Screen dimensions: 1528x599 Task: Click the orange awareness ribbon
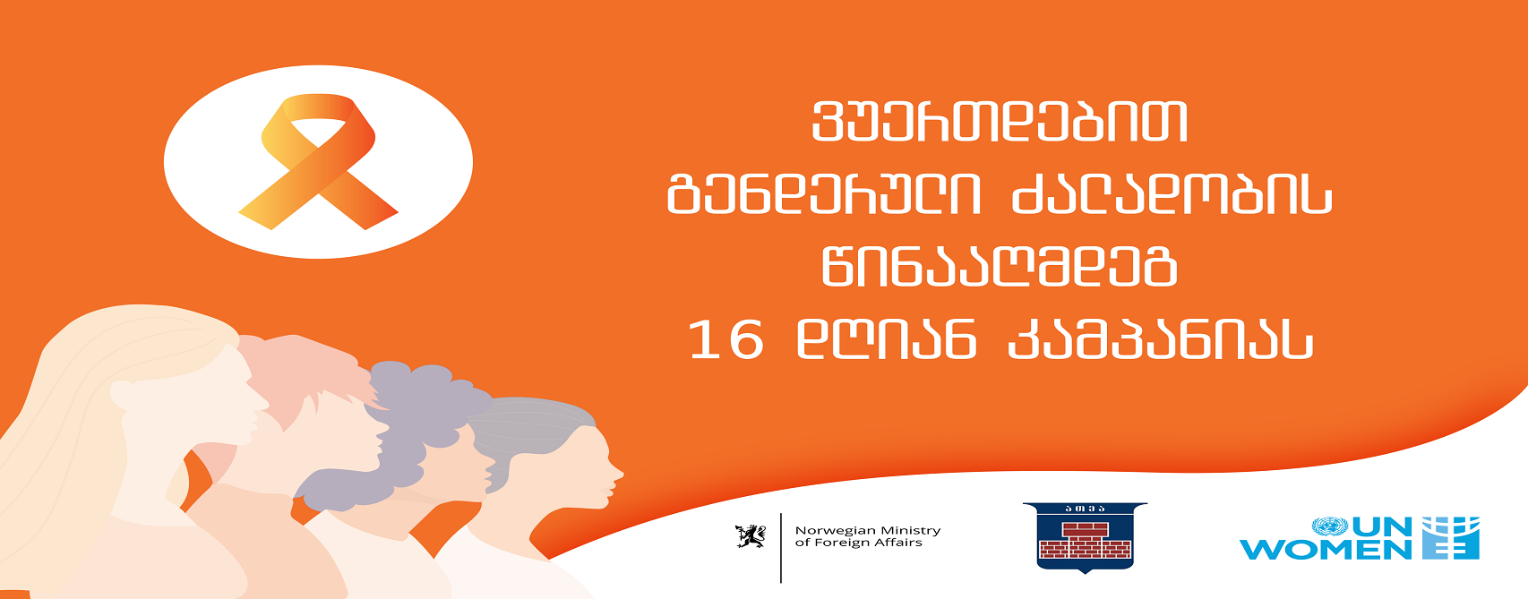tap(318, 161)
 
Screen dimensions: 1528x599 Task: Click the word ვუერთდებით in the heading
tap(1000, 123)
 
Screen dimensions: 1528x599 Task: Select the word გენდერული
tap(824, 194)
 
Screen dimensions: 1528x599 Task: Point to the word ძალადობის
tap(1172, 194)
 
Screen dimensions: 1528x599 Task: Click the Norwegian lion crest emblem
tap(751, 536)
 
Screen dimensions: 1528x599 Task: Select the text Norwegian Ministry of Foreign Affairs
tap(868, 536)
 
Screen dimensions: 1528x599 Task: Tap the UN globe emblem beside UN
tap(1329, 526)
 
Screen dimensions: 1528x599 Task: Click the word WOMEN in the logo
tap(1325, 550)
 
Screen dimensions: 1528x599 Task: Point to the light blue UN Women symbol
tap(1450, 537)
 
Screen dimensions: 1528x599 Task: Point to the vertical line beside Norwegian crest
tap(781, 548)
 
